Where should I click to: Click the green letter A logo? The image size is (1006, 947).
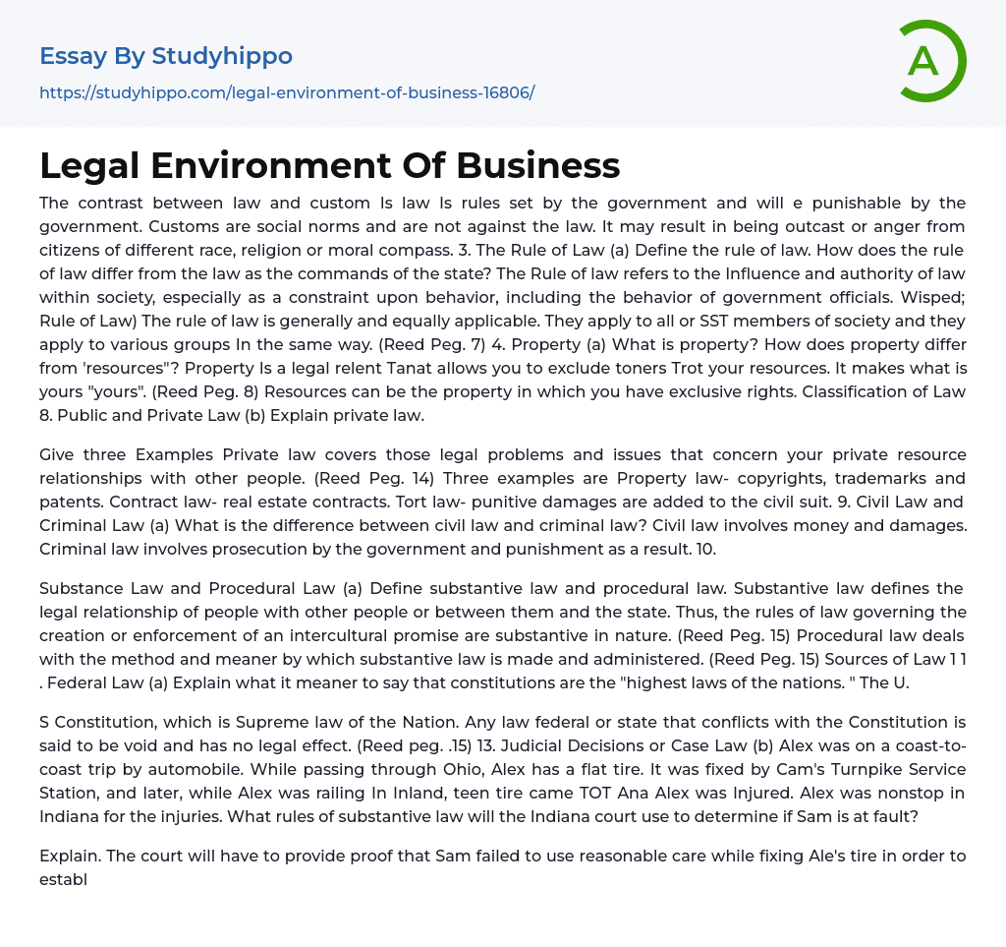931,61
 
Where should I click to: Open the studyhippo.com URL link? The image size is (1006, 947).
287,93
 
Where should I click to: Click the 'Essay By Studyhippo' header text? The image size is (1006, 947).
166,56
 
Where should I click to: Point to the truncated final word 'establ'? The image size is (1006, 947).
63,879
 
